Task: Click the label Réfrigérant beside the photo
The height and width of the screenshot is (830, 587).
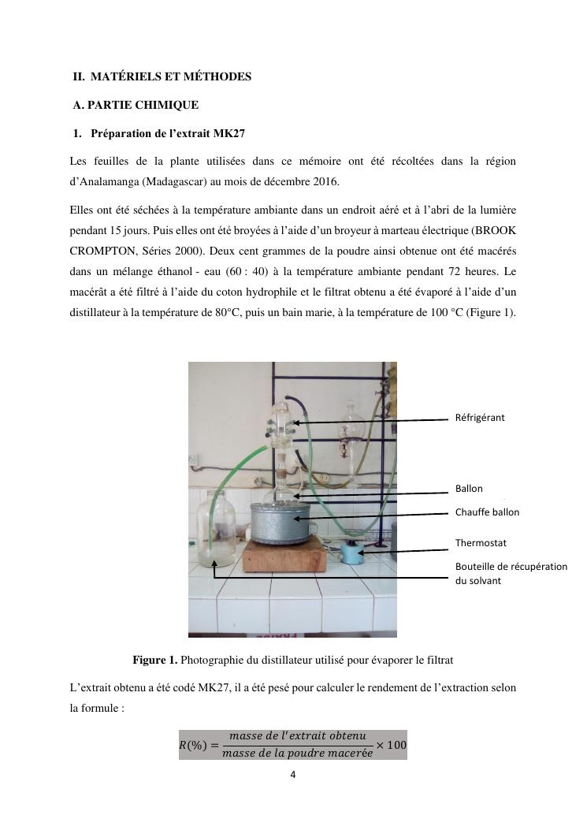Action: click(480, 418)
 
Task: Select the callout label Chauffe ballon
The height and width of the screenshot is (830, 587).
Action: click(487, 512)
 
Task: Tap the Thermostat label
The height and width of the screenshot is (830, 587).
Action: click(481, 543)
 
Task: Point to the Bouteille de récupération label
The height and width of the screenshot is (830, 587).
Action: click(511, 567)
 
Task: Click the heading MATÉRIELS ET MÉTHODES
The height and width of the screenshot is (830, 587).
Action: click(171, 76)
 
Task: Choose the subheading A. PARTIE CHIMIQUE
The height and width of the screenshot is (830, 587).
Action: click(136, 105)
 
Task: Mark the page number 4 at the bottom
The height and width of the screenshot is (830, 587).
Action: click(293, 774)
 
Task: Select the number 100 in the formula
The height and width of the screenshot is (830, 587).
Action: click(397, 745)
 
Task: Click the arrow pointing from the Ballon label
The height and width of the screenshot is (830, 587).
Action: click(370, 494)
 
